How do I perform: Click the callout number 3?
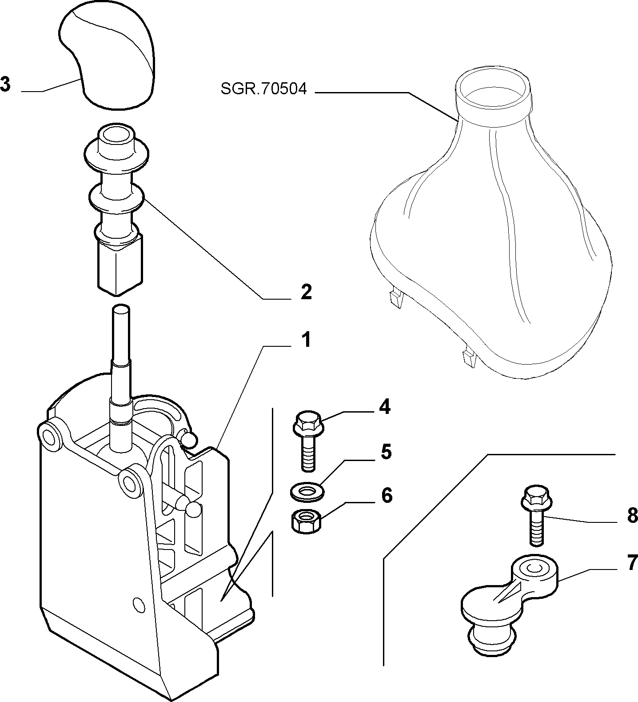coord(5,84)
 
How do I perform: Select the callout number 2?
coord(306,292)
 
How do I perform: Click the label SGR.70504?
coord(264,89)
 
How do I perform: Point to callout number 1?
coord(305,341)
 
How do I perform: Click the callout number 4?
coord(385,407)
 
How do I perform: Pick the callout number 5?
coord(386,453)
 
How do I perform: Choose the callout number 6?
coord(387,495)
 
